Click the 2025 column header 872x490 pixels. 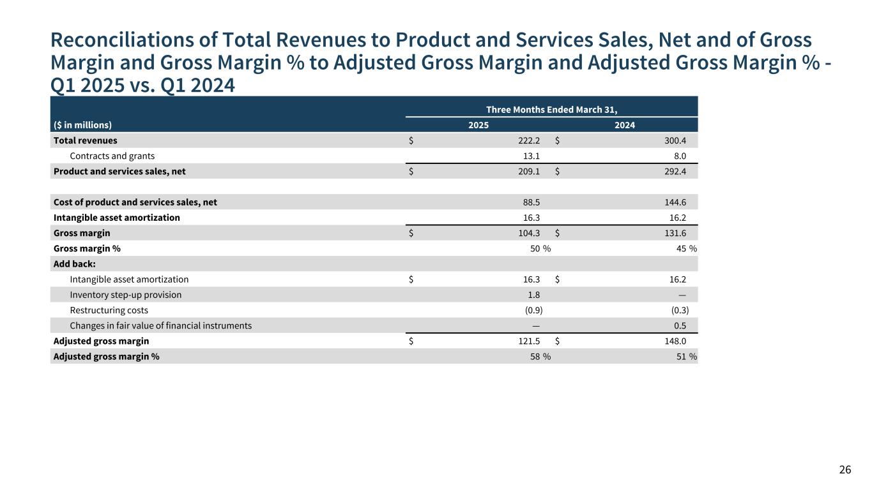[478, 125]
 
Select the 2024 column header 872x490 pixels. [624, 125]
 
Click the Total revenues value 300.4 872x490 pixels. [675, 140]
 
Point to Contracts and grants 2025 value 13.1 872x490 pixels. [532, 156]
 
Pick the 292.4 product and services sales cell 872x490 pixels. [675, 171]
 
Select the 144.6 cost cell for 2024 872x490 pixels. [675, 202]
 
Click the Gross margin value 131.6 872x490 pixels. [676, 233]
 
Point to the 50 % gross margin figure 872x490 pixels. [540, 248]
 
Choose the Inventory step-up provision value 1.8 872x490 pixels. [533, 295]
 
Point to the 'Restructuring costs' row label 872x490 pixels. [109, 310]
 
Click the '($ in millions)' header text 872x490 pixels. [82, 125]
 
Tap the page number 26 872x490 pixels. [845, 470]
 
